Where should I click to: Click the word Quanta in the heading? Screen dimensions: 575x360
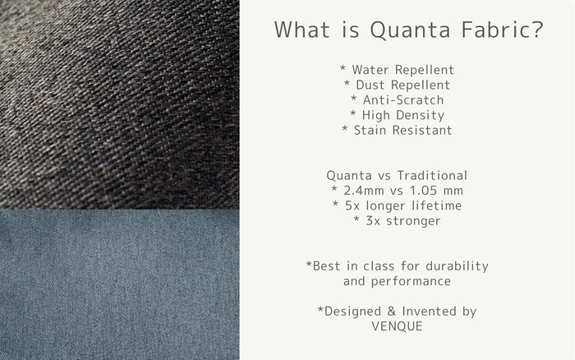pyautogui.click(x=410, y=30)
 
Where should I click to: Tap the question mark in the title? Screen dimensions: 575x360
pyautogui.click(x=536, y=30)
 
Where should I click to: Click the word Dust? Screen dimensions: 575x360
pyautogui.click(x=370, y=85)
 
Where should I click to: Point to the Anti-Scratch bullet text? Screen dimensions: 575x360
pyautogui.click(x=403, y=99)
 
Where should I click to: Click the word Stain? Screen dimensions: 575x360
pyautogui.click(x=370, y=130)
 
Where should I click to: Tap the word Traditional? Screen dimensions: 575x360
pyautogui.click(x=432, y=175)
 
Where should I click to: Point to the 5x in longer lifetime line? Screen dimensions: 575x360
pyautogui.click(x=352, y=205)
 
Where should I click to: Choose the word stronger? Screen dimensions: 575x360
pyautogui.click(x=413, y=221)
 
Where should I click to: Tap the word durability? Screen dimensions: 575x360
pyautogui.click(x=457, y=266)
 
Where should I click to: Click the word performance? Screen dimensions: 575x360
pyautogui.click(x=411, y=282)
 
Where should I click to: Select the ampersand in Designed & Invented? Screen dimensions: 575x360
pyautogui.click(x=391, y=312)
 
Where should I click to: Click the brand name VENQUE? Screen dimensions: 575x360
pyautogui.click(x=397, y=326)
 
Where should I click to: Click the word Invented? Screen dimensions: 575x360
pyautogui.click(x=429, y=312)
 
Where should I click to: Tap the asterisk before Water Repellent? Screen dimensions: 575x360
pyautogui.click(x=343, y=68)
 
